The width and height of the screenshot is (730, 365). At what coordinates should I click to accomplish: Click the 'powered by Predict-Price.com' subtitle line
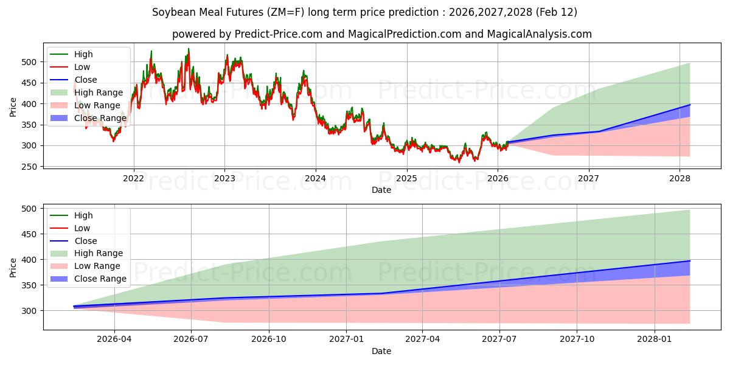pyautogui.click(x=381, y=34)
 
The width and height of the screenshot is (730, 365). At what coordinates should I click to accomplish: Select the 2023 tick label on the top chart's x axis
pyautogui.click(x=224, y=178)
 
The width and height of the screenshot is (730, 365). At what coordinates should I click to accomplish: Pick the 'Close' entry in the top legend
pyautogui.click(x=86, y=80)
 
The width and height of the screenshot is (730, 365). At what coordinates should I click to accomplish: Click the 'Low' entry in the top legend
pyautogui.click(x=82, y=67)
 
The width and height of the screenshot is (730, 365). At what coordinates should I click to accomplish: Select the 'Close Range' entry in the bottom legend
pyautogui.click(x=100, y=279)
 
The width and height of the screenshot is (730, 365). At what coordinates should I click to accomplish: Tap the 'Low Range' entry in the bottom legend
pyautogui.click(x=97, y=266)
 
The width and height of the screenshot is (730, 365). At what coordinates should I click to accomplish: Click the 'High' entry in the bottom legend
pyautogui.click(x=83, y=215)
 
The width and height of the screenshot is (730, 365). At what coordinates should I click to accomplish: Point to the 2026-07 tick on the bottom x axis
pyautogui.click(x=191, y=339)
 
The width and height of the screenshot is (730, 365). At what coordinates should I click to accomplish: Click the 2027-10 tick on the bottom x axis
pyautogui.click(x=577, y=339)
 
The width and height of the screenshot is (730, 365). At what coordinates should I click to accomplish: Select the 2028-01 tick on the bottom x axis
pyautogui.click(x=654, y=339)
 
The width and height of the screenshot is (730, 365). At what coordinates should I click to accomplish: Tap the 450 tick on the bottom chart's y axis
pyautogui.click(x=29, y=234)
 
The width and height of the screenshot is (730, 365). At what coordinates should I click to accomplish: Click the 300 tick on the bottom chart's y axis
pyautogui.click(x=29, y=311)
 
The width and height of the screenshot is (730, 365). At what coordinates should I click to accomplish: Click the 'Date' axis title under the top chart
pyautogui.click(x=381, y=190)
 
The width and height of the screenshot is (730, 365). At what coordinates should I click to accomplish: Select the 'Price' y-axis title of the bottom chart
pyautogui.click(x=13, y=267)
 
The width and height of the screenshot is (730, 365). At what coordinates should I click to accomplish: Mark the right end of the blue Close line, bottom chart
pyautogui.click(x=690, y=261)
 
